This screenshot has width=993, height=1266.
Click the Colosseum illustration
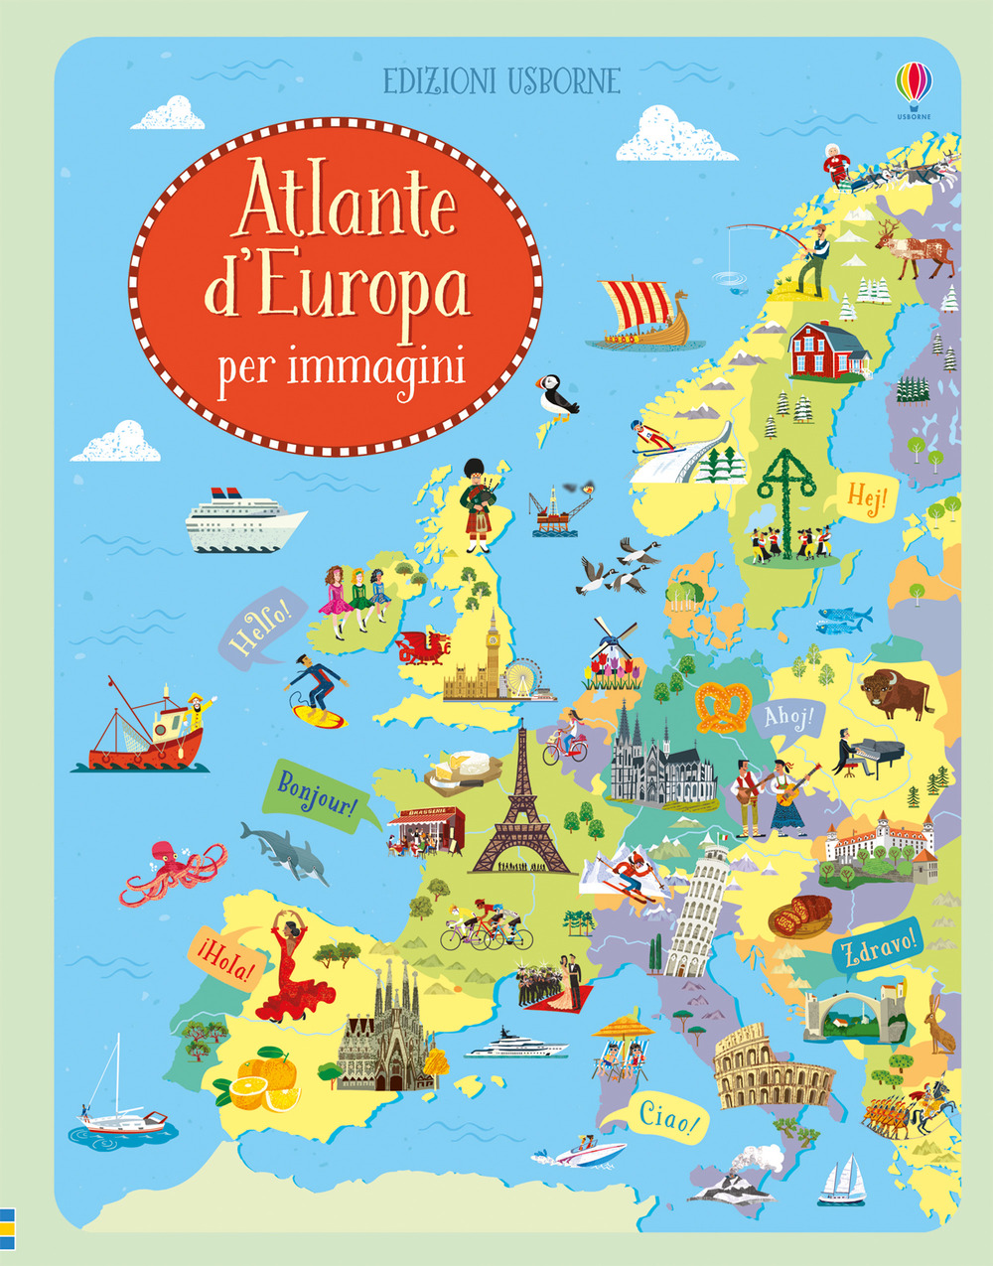click(x=769, y=1067)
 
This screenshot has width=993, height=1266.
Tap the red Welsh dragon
click(x=424, y=646)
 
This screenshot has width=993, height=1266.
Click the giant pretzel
click(x=724, y=706)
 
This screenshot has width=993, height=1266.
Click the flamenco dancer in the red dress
click(x=286, y=968)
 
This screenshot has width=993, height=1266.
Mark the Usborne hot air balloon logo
click(x=914, y=84)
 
